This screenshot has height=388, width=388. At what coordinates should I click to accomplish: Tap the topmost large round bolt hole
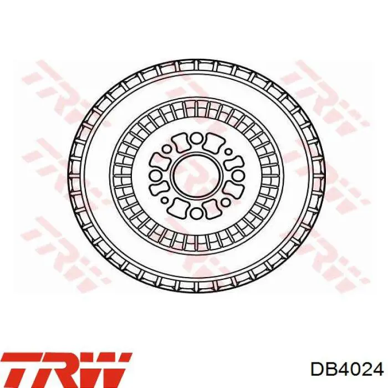[197, 139]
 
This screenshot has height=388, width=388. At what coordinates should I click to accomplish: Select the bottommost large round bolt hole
[196, 212]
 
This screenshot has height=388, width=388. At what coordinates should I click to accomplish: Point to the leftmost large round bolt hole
[156, 176]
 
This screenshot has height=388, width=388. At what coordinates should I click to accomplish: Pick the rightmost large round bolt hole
[238, 176]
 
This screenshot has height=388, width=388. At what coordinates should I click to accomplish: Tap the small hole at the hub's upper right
[228, 151]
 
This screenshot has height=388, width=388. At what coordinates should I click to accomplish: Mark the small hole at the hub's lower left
[165, 200]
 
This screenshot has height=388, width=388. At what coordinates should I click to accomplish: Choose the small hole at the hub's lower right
[226, 202]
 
